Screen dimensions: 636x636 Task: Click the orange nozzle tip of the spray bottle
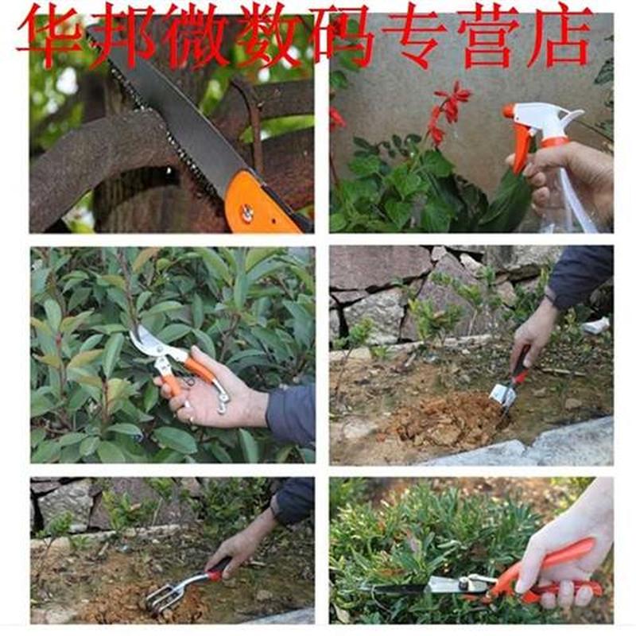pyautogui.click(x=508, y=111)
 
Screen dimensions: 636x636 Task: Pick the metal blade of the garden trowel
pyautogui.click(x=502, y=395)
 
